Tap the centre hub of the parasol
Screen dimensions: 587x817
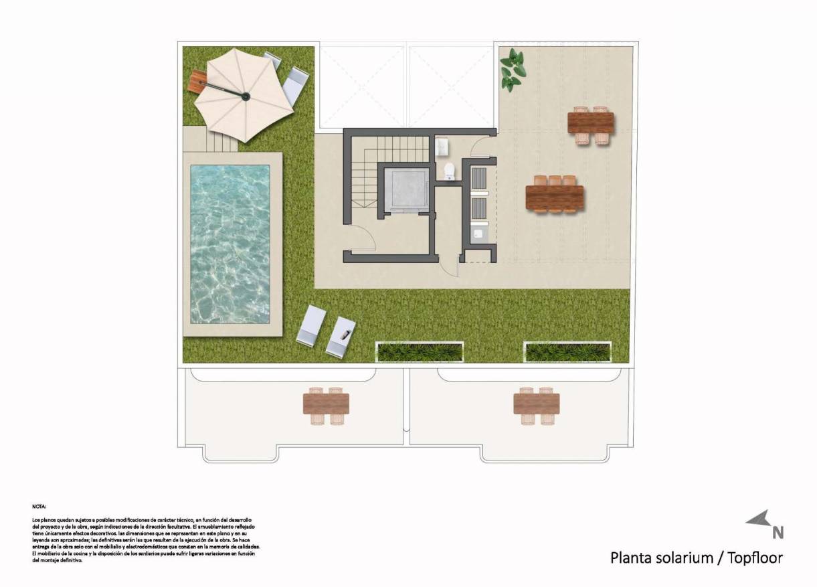tap(246, 98)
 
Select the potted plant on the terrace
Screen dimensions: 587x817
tap(513, 70)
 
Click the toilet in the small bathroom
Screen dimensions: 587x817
tap(449, 171)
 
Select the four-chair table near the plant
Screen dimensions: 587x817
tap(591, 123)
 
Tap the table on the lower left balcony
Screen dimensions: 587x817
tap(326, 404)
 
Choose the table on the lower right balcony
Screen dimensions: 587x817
tap(537, 404)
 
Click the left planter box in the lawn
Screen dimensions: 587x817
tap(420, 352)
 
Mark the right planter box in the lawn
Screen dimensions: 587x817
tap(567, 352)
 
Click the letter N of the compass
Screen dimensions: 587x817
tap(778, 533)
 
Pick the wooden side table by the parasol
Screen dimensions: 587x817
tap(198, 82)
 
